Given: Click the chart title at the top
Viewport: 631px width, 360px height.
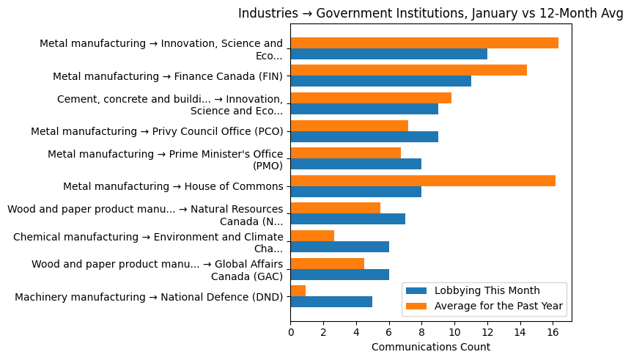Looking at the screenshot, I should (430, 13).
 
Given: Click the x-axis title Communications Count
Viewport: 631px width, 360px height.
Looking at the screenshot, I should (431, 347).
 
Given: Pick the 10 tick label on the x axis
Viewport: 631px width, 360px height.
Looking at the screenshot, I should (454, 331).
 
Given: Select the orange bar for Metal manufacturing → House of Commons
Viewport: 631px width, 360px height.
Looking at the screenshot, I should (423, 180).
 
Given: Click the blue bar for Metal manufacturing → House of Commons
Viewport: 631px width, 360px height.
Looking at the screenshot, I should (356, 191).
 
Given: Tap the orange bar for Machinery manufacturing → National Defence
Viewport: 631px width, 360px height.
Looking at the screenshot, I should (298, 290).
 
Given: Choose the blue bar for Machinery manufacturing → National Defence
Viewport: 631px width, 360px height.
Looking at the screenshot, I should (331, 301).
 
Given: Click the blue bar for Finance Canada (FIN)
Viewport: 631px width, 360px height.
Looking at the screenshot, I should (381, 81).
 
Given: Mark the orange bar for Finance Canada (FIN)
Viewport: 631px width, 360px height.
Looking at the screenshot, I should (409, 70).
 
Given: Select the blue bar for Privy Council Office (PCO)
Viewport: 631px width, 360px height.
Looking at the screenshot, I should (364, 136).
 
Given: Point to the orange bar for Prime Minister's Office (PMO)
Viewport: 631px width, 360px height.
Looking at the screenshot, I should (346, 153).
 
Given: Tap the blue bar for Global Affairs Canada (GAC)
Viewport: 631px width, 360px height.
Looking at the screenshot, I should (339, 274).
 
